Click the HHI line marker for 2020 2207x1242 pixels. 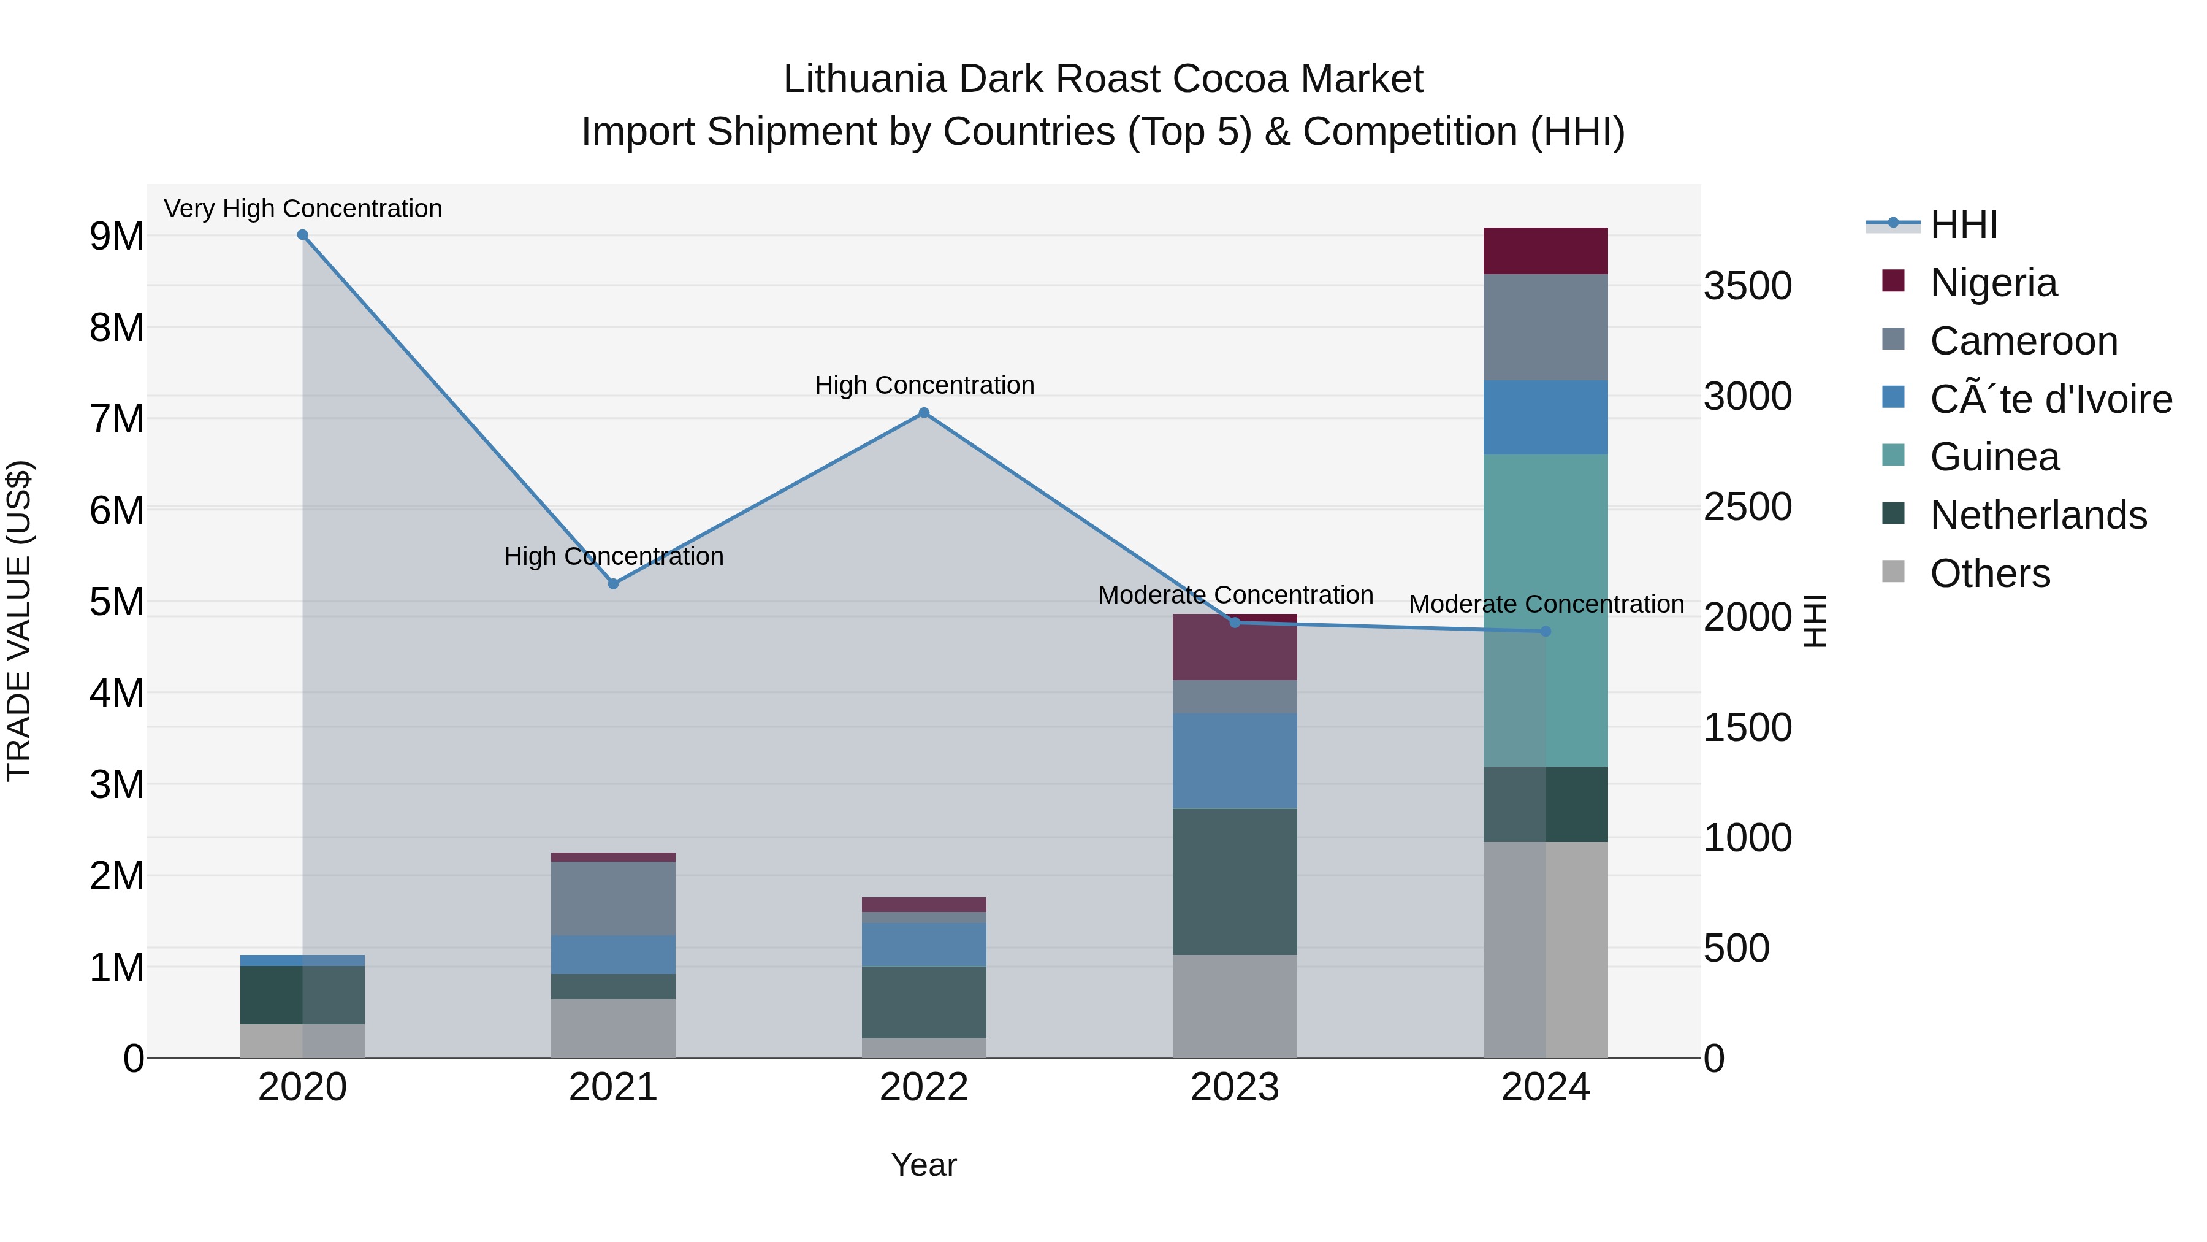302,235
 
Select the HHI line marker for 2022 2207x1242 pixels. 924,413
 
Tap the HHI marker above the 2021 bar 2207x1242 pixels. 614,584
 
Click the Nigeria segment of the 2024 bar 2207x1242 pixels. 1545,251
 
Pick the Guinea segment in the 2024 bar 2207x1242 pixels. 1545,610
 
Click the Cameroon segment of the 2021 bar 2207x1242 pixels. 614,899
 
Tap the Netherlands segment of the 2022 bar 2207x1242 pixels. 924,1002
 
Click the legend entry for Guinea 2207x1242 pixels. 1994,457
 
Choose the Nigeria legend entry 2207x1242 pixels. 1993,283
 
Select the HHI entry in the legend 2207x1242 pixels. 1964,224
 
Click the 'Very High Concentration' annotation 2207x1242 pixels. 302,209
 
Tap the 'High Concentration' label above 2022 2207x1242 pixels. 924,385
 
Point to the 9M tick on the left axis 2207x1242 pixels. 116,237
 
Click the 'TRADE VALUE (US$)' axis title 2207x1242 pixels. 19,621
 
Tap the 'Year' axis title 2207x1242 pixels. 924,1165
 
